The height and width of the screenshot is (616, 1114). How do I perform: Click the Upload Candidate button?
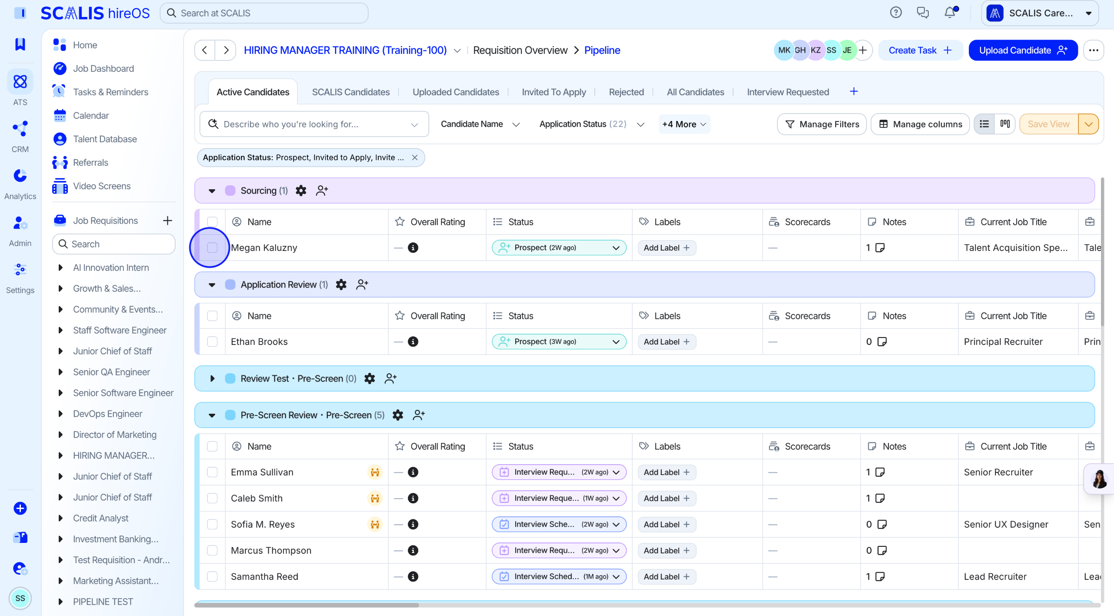click(1023, 50)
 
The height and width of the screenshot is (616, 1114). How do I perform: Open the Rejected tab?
click(626, 92)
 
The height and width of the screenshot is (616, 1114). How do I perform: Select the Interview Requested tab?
click(788, 92)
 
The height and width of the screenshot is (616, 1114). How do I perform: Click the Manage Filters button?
click(822, 124)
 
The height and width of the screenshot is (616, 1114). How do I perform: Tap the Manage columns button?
click(920, 124)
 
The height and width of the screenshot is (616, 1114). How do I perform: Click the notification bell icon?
click(950, 12)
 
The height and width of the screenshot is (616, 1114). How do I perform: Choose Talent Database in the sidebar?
click(105, 139)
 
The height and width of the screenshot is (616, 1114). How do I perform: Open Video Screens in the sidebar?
click(102, 186)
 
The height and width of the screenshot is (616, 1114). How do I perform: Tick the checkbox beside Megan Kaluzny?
click(212, 248)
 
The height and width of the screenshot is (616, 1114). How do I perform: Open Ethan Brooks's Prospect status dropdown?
click(559, 342)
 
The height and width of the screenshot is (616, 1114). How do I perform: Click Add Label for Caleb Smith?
click(667, 499)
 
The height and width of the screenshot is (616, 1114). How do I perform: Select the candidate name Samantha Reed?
click(264, 577)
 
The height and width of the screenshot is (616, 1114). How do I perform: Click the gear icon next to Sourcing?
click(301, 191)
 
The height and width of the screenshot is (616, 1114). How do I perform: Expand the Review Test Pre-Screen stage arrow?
click(212, 378)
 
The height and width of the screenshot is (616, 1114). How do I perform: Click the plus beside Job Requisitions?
click(167, 221)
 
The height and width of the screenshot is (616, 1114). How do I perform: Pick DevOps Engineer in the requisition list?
click(107, 414)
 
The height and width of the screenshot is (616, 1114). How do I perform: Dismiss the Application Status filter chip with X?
click(415, 157)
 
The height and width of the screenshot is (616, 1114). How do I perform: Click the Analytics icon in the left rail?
click(20, 176)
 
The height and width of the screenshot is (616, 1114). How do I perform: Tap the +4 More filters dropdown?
click(684, 124)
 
